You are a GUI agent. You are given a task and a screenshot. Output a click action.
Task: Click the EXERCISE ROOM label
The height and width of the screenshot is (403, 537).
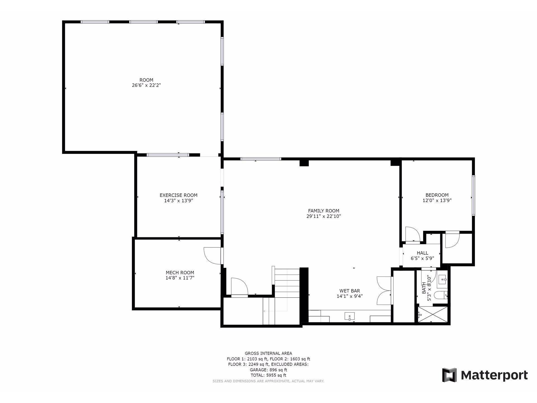click(x=178, y=195)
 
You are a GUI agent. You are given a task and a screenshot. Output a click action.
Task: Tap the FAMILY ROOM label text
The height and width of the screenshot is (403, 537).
click(x=324, y=211)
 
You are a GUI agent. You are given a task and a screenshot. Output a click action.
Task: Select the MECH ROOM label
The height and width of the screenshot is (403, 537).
click(x=180, y=273)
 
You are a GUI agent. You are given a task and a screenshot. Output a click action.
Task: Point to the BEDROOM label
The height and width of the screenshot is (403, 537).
click(x=437, y=195)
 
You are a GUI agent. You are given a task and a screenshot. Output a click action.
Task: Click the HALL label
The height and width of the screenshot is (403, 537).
click(x=422, y=253)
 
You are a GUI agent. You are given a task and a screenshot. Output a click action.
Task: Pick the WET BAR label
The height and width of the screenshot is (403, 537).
click(x=350, y=291)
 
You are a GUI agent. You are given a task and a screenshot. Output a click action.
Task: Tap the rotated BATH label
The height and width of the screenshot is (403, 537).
click(x=424, y=288)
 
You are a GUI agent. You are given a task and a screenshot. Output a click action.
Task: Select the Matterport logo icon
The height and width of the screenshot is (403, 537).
click(x=449, y=375)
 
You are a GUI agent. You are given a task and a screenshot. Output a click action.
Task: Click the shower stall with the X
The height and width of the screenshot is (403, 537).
click(x=432, y=315)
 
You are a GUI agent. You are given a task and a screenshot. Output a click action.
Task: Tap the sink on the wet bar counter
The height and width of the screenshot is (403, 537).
click(x=349, y=316)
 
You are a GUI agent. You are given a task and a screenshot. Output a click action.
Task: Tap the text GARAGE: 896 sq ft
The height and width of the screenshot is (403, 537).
click(x=268, y=370)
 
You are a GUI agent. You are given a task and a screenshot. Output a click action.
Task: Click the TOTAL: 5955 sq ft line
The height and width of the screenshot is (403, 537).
click(x=268, y=375)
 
